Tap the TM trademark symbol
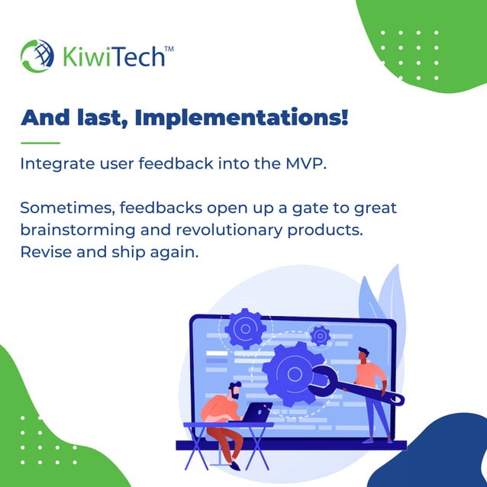pyautogui.click(x=168, y=47)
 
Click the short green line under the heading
pyautogui.click(x=40, y=143)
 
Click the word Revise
pyautogui.click(x=45, y=251)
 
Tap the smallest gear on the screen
pyautogui.click(x=320, y=335)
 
